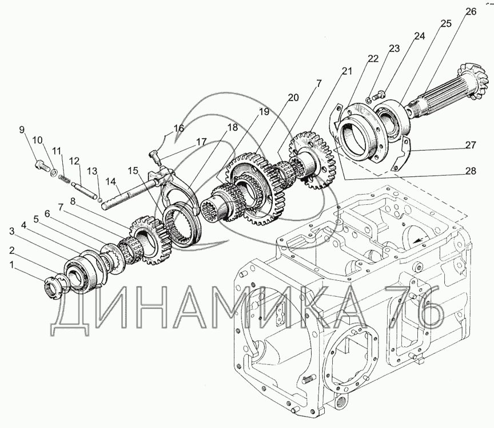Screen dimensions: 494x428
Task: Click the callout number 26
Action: (469, 12)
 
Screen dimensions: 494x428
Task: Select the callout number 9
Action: (22, 130)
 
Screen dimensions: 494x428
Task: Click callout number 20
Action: (293, 98)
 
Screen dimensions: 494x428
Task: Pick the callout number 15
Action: (133, 170)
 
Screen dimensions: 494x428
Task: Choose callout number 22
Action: (373, 59)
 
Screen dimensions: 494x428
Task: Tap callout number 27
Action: (470, 145)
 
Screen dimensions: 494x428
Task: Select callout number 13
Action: (92, 171)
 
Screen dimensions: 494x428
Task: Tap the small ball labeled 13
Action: (99, 199)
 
